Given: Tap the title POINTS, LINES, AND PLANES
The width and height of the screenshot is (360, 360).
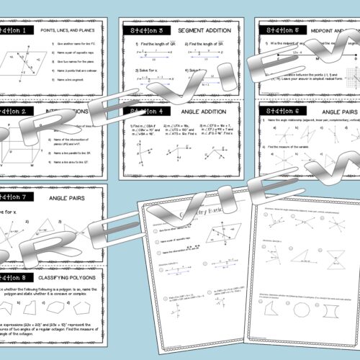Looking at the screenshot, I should [75, 32].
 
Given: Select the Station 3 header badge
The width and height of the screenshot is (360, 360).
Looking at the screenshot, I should [145, 32].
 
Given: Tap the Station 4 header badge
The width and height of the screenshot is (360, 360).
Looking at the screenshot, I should [145, 112].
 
